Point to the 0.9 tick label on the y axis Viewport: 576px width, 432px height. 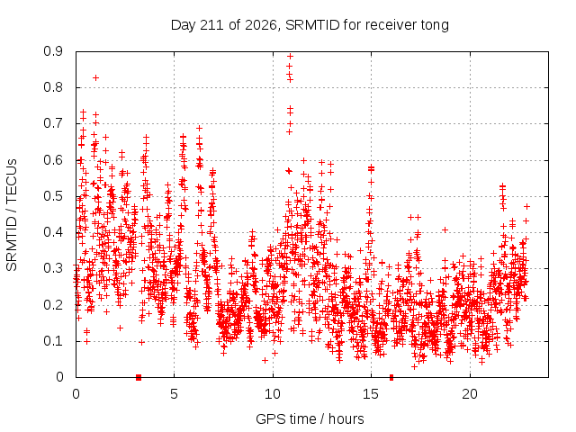[53, 51]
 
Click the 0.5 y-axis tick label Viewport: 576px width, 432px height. [53, 196]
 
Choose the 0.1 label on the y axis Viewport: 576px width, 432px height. [53, 341]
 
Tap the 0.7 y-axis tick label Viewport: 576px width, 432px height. [53, 123]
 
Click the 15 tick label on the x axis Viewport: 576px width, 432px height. [371, 394]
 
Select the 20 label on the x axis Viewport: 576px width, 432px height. [470, 394]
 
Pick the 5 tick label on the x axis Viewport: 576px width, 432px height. [174, 394]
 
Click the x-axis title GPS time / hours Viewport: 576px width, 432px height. [310, 419]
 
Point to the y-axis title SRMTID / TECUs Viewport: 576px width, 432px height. [12, 215]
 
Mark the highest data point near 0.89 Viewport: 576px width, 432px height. [290, 56]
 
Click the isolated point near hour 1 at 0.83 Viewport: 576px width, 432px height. [95, 78]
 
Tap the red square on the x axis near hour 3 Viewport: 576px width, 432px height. [139, 377]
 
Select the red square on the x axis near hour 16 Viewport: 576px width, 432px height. [391, 377]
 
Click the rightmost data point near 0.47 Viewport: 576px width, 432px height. [526, 206]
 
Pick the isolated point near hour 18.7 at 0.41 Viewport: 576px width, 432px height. [445, 230]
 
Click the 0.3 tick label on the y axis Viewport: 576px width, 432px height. [53, 268]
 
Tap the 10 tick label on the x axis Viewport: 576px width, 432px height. [272, 394]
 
